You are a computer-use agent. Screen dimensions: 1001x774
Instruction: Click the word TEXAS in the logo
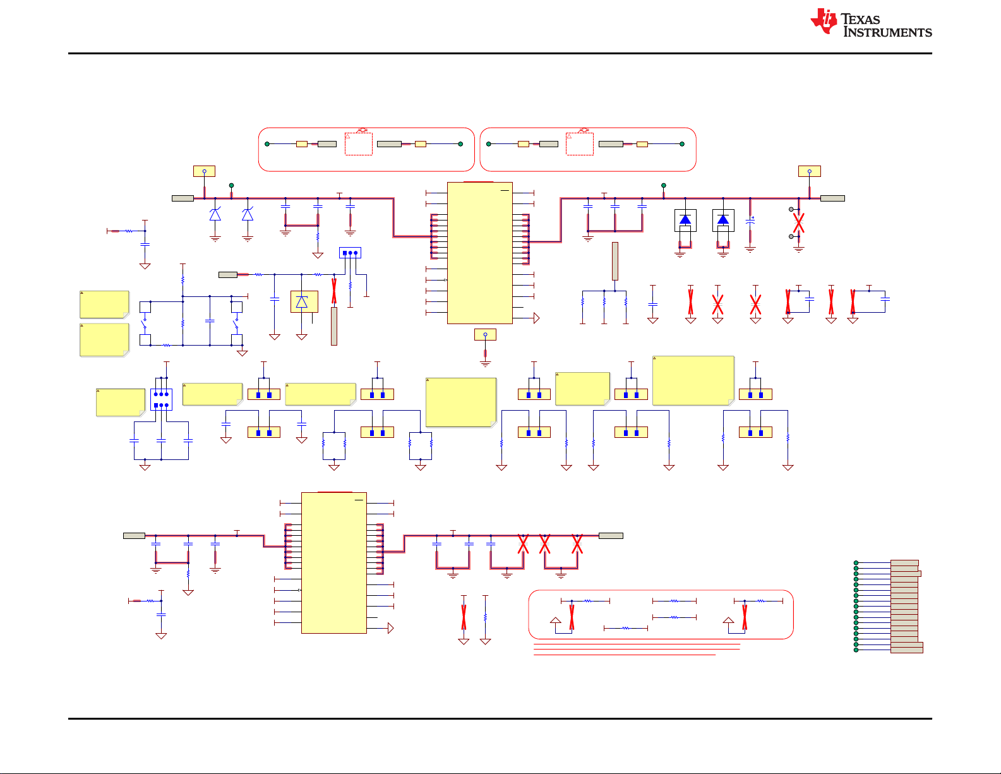click(x=860, y=20)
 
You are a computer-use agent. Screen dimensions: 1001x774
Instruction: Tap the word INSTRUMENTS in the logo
click(x=887, y=32)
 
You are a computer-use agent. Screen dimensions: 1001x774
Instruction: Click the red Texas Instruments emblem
click(x=824, y=21)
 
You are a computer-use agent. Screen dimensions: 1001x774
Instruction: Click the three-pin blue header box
click(x=350, y=253)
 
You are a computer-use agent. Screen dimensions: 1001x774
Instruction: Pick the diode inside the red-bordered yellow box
click(x=304, y=302)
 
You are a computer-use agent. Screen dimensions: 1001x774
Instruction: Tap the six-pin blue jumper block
click(x=161, y=400)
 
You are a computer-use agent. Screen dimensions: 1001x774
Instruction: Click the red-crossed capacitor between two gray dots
click(x=799, y=223)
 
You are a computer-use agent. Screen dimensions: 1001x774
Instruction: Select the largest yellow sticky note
click(x=693, y=380)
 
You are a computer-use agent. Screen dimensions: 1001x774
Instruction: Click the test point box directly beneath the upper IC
click(x=485, y=334)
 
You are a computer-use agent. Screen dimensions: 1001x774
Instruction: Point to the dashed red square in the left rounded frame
click(x=358, y=144)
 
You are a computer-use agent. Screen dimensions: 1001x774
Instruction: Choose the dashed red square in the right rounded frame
click(x=580, y=144)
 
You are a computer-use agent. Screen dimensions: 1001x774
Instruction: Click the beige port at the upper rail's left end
click(x=183, y=198)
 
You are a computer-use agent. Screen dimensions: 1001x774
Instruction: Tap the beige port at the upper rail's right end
click(x=832, y=198)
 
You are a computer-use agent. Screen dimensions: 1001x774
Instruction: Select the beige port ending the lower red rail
click(x=611, y=536)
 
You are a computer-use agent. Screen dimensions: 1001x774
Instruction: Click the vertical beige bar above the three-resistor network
click(x=615, y=261)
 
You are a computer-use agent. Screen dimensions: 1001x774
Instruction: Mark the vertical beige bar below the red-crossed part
click(x=334, y=326)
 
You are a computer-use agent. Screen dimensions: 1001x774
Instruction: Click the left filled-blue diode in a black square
click(x=685, y=221)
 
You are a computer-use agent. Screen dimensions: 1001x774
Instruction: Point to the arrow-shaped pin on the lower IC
click(x=391, y=628)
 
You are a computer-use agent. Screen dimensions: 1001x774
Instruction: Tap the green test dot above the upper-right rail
click(x=664, y=186)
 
